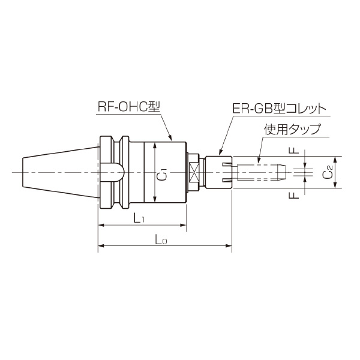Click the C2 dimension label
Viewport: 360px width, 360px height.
(x=326, y=173)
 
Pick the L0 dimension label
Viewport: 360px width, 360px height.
(x=161, y=239)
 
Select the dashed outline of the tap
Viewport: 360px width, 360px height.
(x=258, y=173)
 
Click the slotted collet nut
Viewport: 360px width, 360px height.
(x=219, y=173)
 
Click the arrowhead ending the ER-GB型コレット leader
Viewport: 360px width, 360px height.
(x=220, y=153)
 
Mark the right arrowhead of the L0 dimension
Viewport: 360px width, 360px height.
(x=229, y=246)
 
